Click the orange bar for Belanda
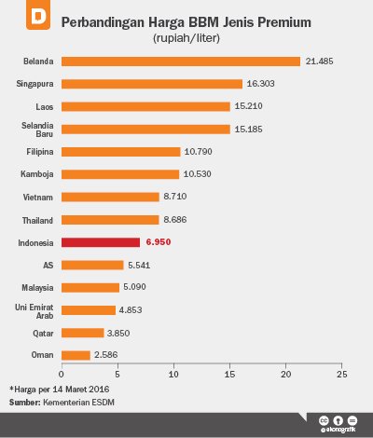point(180,62)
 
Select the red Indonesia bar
point(100,241)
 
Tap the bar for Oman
point(76,355)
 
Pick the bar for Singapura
point(151,84)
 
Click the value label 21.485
point(319,62)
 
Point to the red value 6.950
point(158,241)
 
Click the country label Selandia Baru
point(36,129)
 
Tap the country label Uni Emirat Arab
point(36,309)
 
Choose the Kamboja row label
point(36,174)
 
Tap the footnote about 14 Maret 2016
point(53,389)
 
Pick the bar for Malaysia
point(90,287)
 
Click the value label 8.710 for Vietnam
point(177,197)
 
